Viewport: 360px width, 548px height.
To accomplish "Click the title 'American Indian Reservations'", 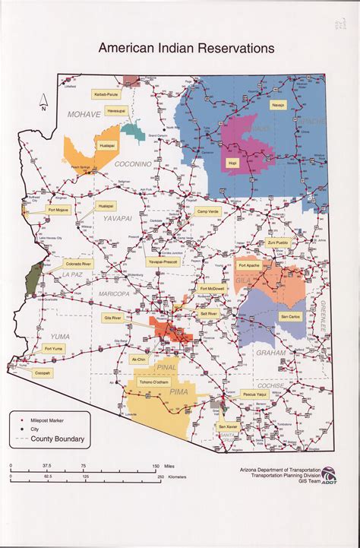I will pyautogui.click(x=185, y=49).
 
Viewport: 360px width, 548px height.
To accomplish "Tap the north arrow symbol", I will pyautogui.click(x=45, y=100).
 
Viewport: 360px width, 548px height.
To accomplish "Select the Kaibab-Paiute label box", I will pyautogui.click(x=107, y=94).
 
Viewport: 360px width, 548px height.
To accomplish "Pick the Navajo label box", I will pyautogui.click(x=278, y=106).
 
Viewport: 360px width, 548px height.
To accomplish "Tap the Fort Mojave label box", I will pyautogui.click(x=58, y=209).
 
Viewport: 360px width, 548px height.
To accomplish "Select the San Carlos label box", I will pyautogui.click(x=289, y=315).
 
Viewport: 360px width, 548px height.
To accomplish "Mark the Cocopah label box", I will pyautogui.click(x=43, y=373).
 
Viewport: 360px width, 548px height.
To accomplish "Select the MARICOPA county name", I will pyautogui.click(x=113, y=293).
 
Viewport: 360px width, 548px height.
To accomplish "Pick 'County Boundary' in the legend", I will pyautogui.click(x=58, y=439).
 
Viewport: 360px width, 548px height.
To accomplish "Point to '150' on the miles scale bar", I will pyautogui.click(x=156, y=467).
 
